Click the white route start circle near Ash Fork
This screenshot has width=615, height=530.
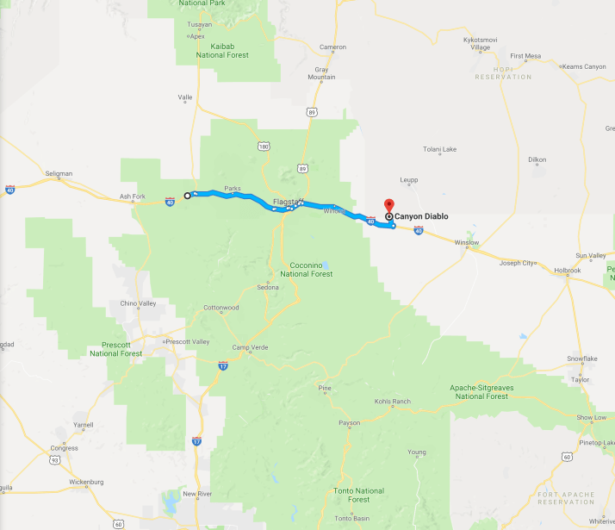click(188, 196)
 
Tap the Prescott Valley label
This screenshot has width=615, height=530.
click(188, 342)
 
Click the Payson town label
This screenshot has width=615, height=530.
click(349, 423)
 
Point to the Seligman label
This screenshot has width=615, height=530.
click(59, 173)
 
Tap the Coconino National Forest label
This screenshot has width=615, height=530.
click(300, 270)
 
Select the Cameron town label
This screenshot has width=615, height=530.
click(332, 47)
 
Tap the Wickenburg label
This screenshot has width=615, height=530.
click(84, 482)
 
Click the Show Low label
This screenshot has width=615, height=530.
click(592, 417)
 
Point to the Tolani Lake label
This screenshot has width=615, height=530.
click(440, 149)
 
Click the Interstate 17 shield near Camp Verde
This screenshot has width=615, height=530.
click(222, 365)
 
